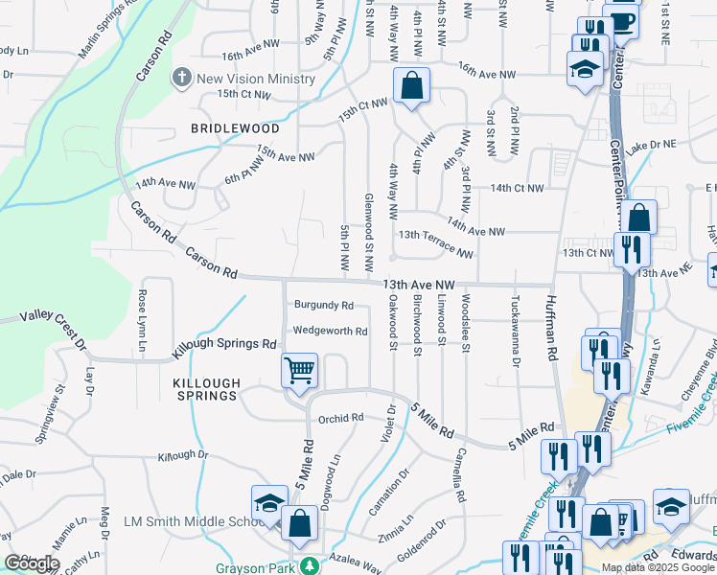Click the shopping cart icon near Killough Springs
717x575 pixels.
pyautogui.click(x=300, y=369)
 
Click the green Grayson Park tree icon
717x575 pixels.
pyautogui.click(x=310, y=565)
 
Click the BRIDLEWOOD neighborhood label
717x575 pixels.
pyautogui.click(x=235, y=128)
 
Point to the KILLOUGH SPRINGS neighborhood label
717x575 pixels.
pyautogui.click(x=205, y=388)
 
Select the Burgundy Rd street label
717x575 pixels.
pyautogui.click(x=324, y=306)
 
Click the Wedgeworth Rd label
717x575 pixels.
pyautogui.click(x=330, y=332)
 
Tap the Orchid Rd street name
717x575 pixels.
pyautogui.click(x=341, y=418)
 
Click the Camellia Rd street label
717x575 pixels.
pyautogui.click(x=460, y=476)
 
